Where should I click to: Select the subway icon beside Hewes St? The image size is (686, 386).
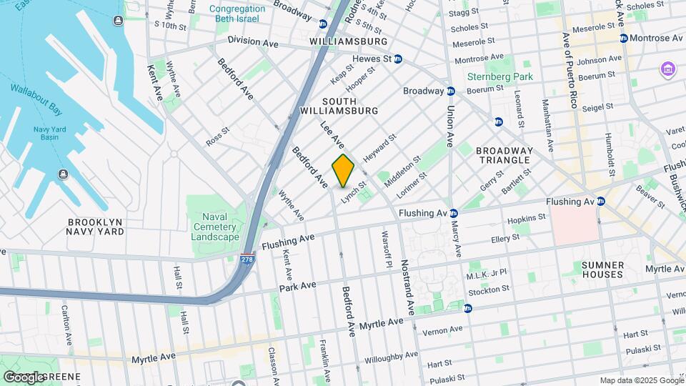398,59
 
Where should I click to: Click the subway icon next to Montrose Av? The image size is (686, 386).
624,38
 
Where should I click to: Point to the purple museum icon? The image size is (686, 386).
668,69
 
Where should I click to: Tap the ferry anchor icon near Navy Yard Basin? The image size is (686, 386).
64,174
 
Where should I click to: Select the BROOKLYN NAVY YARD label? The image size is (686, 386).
95,227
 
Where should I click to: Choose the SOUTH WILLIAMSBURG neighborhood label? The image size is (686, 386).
339,106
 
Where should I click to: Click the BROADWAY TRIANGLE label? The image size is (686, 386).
504,156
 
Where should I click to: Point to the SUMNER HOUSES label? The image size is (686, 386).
602,269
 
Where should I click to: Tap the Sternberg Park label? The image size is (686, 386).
489,76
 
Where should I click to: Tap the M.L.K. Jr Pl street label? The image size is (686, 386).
487,274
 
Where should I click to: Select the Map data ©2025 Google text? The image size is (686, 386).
640,380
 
